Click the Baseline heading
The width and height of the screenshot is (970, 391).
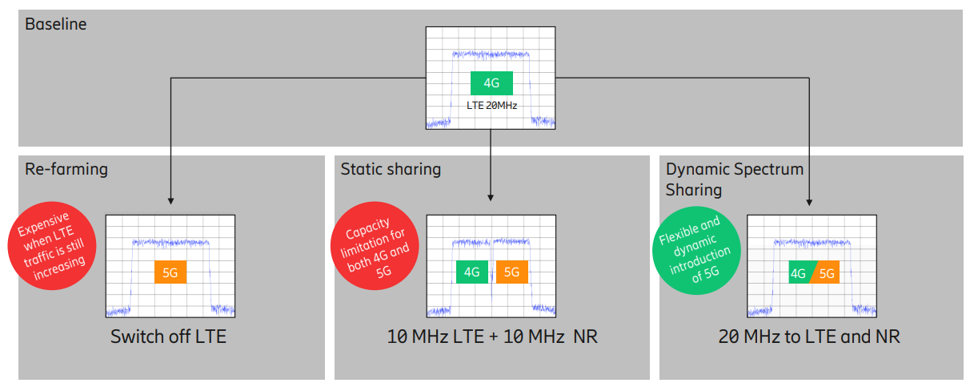click(x=56, y=24)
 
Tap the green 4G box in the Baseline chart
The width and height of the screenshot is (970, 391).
click(x=491, y=83)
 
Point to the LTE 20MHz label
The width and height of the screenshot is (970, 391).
click(x=492, y=105)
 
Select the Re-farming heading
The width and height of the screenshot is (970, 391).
click(x=66, y=169)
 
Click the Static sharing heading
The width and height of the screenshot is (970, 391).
click(x=391, y=169)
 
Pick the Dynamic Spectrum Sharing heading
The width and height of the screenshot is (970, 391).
click(x=735, y=179)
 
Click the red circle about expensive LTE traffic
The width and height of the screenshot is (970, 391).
click(x=52, y=246)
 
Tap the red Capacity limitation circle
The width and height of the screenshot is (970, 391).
click(x=375, y=246)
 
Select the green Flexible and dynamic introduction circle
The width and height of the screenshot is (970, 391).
click(x=696, y=251)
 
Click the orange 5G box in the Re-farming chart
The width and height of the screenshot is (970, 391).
click(x=170, y=272)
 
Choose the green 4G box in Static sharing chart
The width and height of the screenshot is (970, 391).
click(x=472, y=272)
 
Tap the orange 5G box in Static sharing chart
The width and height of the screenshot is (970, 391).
click(x=512, y=272)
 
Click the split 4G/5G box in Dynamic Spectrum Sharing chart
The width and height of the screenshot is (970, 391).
click(x=814, y=272)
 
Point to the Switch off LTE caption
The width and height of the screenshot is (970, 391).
click(x=168, y=337)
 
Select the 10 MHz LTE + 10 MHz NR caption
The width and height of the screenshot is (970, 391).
click(x=492, y=337)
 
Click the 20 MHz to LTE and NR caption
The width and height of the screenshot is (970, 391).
click(x=809, y=337)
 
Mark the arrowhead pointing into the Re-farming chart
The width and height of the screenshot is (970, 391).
click(x=171, y=202)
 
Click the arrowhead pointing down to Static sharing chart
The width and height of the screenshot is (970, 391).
click(x=491, y=198)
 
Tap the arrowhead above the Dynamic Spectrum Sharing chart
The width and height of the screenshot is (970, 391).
click(x=809, y=203)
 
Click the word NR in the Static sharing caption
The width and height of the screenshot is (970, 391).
click(x=586, y=337)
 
